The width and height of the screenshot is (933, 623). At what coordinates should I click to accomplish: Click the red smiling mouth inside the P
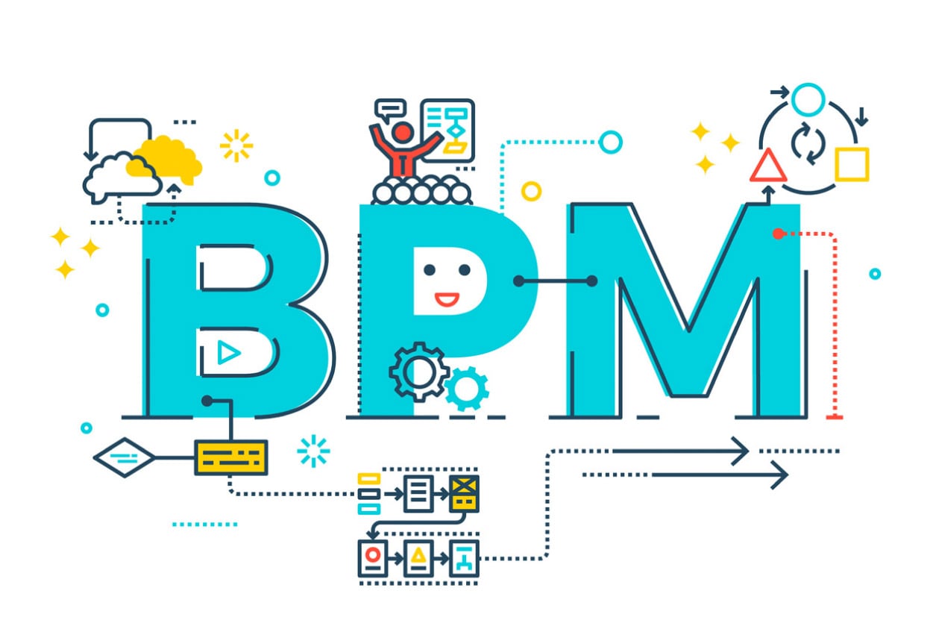pyautogui.click(x=447, y=299)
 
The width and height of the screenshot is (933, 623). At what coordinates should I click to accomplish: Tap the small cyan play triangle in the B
pyautogui.click(x=228, y=353)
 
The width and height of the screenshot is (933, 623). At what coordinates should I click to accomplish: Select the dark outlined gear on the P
pyautogui.click(x=419, y=372)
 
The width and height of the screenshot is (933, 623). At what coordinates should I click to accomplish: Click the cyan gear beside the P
pyautogui.click(x=467, y=389)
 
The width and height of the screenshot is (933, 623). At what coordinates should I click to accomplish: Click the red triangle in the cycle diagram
pyautogui.click(x=768, y=166)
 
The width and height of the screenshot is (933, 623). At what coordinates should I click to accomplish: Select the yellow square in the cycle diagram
pyautogui.click(x=852, y=164)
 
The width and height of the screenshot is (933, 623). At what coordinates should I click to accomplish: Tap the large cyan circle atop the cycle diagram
pyautogui.click(x=808, y=99)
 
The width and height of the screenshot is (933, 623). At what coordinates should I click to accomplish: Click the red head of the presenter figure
pyautogui.click(x=402, y=133)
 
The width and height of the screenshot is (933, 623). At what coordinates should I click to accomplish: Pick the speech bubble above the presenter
pyautogui.click(x=390, y=110)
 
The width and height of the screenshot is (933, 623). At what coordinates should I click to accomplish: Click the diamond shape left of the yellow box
pyautogui.click(x=124, y=457)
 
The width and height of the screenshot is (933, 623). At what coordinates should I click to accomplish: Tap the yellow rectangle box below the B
pyautogui.click(x=231, y=457)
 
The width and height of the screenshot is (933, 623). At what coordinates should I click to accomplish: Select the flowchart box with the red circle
pyautogui.click(x=373, y=559)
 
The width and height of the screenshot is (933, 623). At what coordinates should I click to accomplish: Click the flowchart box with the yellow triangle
pyautogui.click(x=418, y=559)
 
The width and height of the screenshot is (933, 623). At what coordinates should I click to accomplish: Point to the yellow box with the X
pyautogui.click(x=464, y=494)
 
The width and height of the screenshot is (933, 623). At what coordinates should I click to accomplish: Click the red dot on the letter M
pyautogui.click(x=778, y=234)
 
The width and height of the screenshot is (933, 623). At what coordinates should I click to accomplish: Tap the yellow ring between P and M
pyautogui.click(x=532, y=191)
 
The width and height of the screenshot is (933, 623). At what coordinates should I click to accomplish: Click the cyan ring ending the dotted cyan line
pyautogui.click(x=611, y=142)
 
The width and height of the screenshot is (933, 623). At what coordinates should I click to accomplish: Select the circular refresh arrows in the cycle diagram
pyautogui.click(x=808, y=143)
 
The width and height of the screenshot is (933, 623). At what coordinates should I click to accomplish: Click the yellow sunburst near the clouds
pyautogui.click(x=236, y=145)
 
